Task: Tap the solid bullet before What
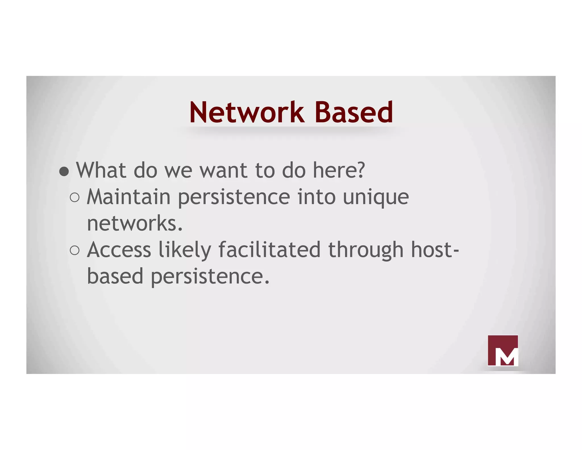pos(64,171)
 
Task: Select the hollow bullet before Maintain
pos(74,197)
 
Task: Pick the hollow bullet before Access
pos(74,250)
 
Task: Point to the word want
pos(223,171)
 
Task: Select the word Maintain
pos(128,197)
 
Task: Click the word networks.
pos(134,223)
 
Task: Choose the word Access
pos(119,250)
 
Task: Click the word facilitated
pos(269,250)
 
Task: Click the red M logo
pos(502,350)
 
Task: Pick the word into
pos(316,197)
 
